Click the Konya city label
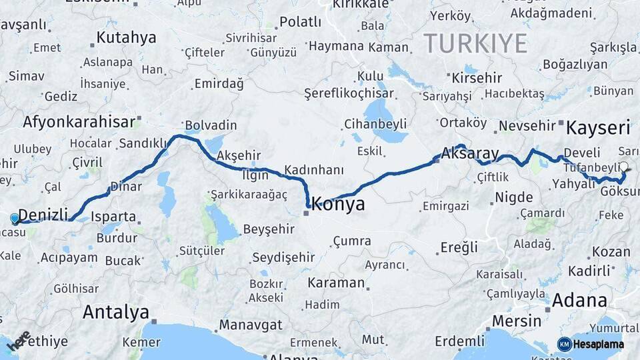pos(338,204)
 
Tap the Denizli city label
pos(43,215)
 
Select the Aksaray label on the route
pos(470,154)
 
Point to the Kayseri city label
pos(598,127)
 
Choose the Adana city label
pos(578,300)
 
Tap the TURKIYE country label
pos(476,43)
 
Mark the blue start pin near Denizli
pos(15,218)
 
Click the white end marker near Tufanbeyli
pos(624,167)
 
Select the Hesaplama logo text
pos(599,344)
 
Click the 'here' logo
pos(18,341)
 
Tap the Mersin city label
pos(516,321)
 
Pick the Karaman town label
pos(336,283)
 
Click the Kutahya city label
pos(126,37)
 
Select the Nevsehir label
pos(527,127)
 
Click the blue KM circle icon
pos(564,344)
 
